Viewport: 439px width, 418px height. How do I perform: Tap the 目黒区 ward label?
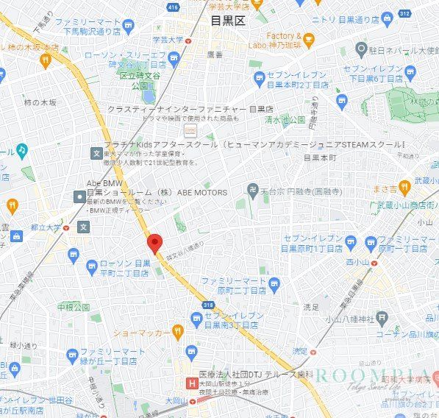point(227,21)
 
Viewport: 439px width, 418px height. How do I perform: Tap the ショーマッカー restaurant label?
point(143,332)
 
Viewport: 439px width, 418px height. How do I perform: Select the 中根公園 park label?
point(74,306)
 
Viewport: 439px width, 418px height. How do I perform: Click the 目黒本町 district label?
point(320,157)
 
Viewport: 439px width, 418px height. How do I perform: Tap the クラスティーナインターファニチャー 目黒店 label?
point(180,108)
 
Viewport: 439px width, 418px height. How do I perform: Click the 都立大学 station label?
point(47,227)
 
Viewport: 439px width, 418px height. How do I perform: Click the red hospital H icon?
point(192,383)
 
